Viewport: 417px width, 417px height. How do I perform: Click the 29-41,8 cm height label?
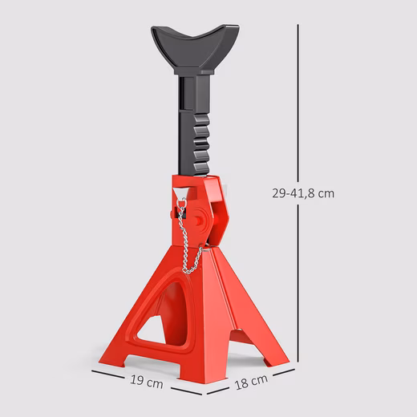303,193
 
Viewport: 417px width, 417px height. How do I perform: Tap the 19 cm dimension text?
147,382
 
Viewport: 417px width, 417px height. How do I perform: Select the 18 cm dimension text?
251,382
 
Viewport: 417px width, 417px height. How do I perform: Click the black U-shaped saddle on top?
195,49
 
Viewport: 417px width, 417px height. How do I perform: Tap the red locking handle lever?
217,211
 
